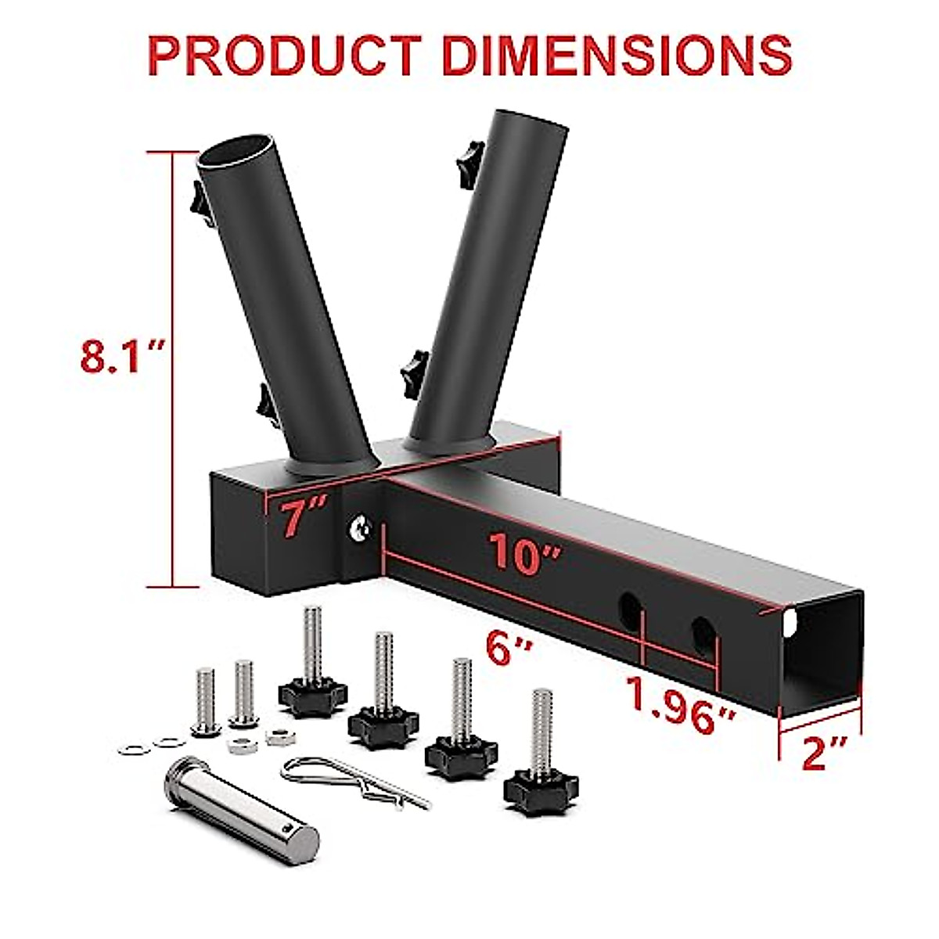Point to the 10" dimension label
[525, 552]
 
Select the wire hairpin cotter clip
[352, 782]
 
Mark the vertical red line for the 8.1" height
[172, 368]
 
